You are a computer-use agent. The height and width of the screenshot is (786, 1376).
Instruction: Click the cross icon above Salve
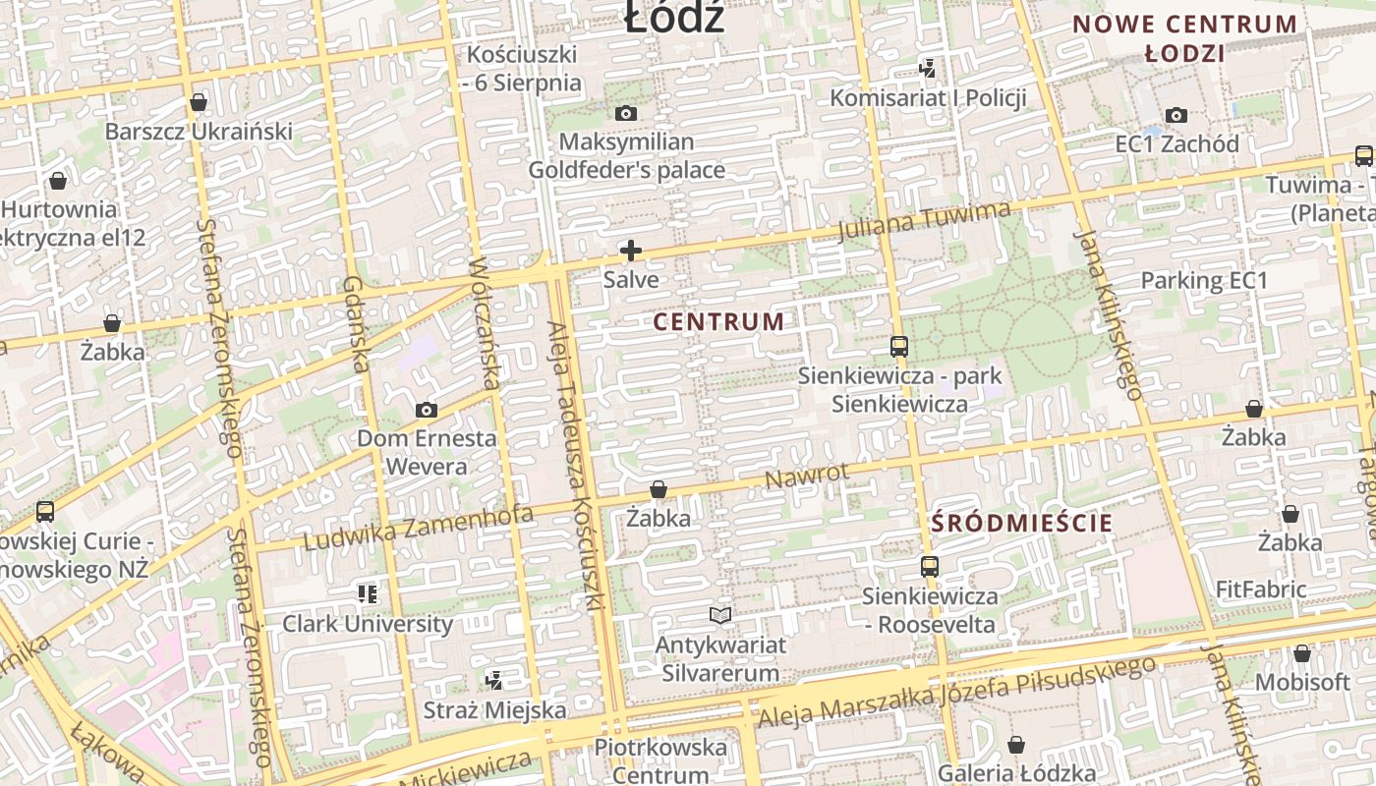click(631, 251)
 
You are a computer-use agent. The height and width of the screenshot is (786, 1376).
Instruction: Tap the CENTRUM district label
click(719, 321)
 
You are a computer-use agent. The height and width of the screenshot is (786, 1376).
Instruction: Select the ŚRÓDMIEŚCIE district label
click(1022, 523)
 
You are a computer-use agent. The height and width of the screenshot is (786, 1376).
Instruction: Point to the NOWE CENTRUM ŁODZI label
click(1185, 38)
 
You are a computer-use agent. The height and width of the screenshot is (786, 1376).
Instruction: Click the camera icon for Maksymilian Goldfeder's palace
click(626, 114)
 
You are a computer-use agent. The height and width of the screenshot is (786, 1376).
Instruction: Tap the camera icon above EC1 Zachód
click(1176, 116)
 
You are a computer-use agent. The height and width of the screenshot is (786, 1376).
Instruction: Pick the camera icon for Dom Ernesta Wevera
click(427, 410)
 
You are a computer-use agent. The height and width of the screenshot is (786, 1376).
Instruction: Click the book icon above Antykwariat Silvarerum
click(720, 615)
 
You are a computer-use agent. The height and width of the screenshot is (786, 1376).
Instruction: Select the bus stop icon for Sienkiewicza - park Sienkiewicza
click(899, 346)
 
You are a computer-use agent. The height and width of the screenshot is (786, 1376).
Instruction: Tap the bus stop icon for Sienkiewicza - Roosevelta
click(930, 566)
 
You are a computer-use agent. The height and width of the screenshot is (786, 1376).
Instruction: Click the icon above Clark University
click(368, 593)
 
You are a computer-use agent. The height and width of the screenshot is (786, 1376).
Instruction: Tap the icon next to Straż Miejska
click(494, 680)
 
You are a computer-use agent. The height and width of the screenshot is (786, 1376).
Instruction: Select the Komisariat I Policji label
click(928, 97)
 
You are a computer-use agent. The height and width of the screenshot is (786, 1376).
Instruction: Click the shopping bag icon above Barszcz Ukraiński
click(199, 102)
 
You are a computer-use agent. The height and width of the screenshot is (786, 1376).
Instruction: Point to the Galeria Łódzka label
click(1016, 773)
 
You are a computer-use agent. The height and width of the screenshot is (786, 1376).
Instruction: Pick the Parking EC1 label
click(1204, 280)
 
